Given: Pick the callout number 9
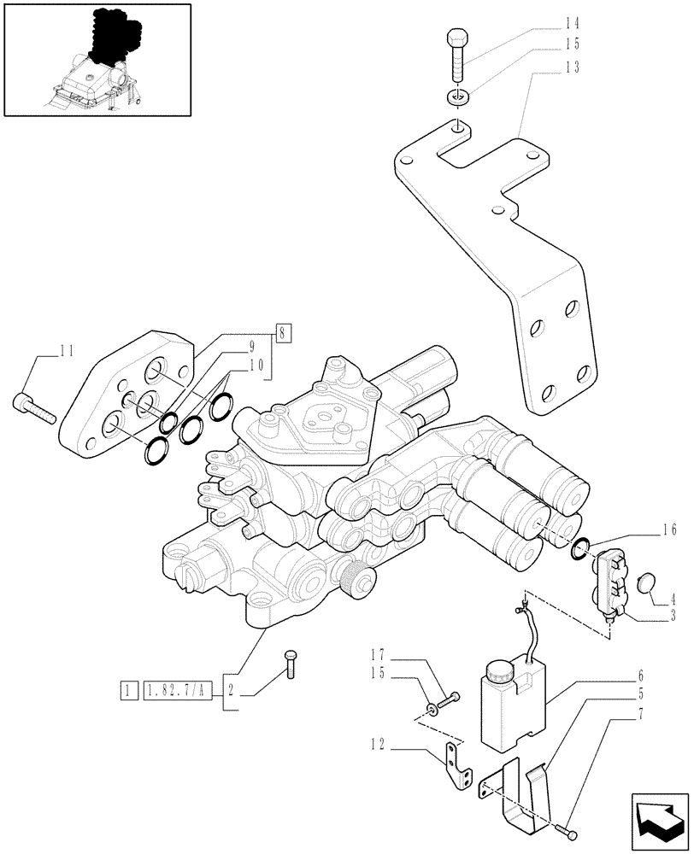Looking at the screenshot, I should click(254, 347).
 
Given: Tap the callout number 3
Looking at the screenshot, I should click(673, 614).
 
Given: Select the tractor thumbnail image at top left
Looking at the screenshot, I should click(97, 60).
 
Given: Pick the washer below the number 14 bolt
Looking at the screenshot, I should click(458, 97).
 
